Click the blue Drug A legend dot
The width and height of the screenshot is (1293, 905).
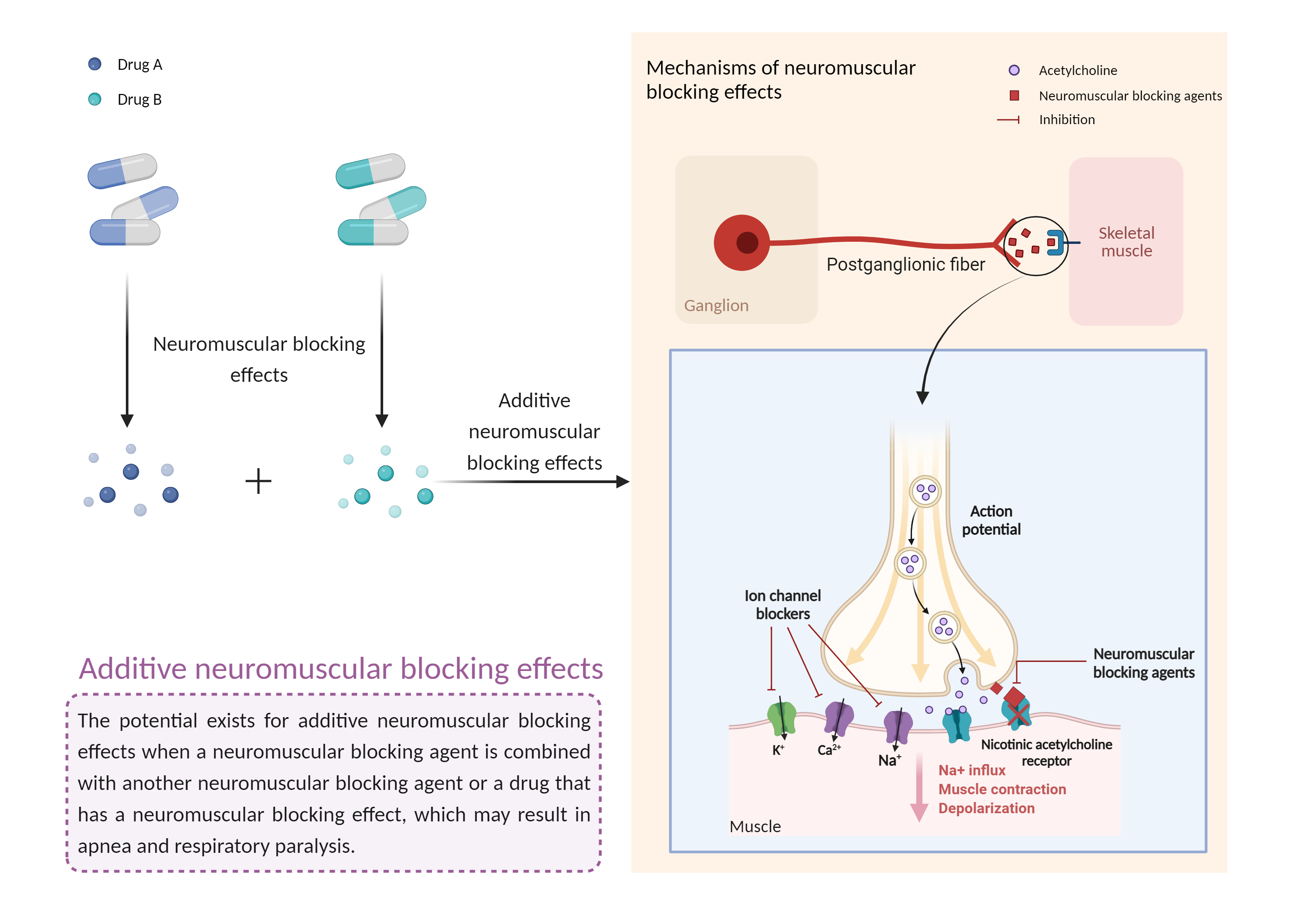95,64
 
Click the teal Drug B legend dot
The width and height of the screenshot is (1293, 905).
95,99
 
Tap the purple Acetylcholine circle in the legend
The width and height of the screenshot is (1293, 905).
1014,70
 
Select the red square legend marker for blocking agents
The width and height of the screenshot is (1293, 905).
1014,96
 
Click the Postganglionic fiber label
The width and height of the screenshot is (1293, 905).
905,264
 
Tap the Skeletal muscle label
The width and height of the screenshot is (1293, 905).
1126,242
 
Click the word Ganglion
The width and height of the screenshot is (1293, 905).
716,305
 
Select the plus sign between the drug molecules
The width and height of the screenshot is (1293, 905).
259,481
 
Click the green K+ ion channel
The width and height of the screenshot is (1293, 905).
782,718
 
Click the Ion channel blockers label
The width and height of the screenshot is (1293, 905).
782,605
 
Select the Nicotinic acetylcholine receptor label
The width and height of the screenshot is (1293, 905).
1046,752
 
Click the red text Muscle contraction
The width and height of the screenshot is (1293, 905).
1002,789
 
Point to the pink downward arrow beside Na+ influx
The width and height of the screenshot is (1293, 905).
919,788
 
